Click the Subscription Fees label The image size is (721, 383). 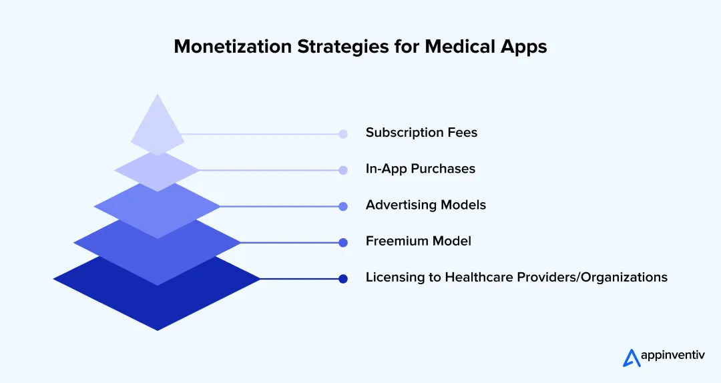tap(421, 133)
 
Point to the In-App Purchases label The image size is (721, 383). tap(420, 169)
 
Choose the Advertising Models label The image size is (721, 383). tap(425, 205)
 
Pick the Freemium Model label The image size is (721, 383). tap(418, 241)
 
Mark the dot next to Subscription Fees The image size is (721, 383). tap(343, 134)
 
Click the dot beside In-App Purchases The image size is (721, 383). tap(343, 170)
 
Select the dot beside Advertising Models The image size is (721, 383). tap(343, 207)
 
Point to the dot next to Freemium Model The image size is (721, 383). tap(343, 243)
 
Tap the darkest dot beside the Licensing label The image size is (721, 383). tap(343, 279)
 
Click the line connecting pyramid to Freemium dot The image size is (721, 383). tap(290, 243)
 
